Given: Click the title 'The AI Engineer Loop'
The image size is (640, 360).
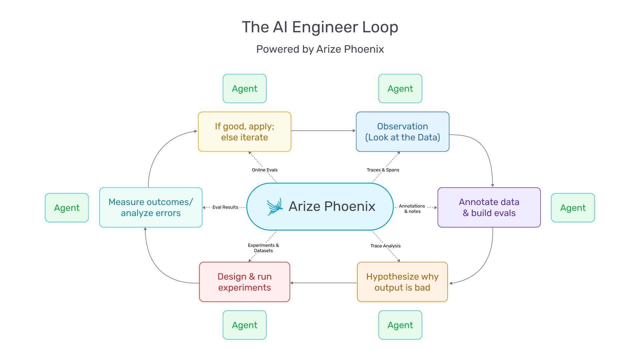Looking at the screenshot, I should pos(320,27).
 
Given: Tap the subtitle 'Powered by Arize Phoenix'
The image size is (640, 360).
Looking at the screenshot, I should pos(320,49).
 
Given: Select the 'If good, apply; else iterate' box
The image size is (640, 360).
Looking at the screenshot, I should pos(245,132).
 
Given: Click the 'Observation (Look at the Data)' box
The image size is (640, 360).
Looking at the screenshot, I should pos(402,132).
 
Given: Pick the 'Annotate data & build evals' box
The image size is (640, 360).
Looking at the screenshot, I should pos(489,207).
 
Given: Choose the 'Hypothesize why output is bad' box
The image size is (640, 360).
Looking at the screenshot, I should pos(402,282).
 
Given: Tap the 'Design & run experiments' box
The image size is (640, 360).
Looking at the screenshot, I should pos(245,282).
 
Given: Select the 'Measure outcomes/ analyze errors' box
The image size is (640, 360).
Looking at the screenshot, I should pos(151,207).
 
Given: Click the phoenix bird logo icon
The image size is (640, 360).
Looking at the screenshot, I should pos(275,207).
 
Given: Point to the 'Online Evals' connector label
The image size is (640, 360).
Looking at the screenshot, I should pos(265,170).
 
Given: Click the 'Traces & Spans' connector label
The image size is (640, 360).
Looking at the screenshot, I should pos(383,170).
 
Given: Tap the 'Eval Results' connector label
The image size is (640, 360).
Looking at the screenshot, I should pos(225,207).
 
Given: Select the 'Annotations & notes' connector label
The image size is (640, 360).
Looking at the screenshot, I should pos(412,209).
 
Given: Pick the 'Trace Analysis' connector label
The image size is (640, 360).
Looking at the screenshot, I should pos(385,246).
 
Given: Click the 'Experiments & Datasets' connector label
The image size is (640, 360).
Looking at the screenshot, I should pos(263,248).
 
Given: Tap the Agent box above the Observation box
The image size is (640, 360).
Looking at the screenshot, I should pos(400,89).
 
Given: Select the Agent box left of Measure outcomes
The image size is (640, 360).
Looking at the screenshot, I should pos(67,208).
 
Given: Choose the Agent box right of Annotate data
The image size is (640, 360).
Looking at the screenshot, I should pos(573,208).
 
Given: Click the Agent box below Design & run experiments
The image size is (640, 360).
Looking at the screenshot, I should pos(245,325).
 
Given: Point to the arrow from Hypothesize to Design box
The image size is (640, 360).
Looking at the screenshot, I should pos(323,283).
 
